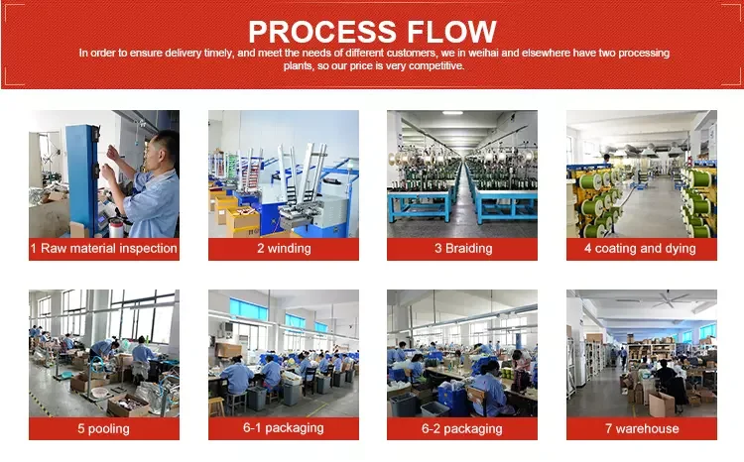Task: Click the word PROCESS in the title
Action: [x=322, y=32]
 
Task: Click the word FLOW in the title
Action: [x=451, y=32]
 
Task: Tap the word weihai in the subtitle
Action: [x=483, y=53]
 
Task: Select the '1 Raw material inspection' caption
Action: [x=104, y=249]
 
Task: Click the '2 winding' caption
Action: [x=284, y=249]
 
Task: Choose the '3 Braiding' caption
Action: [x=463, y=249]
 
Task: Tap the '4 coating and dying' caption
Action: [x=640, y=249]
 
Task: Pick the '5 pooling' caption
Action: [x=103, y=429]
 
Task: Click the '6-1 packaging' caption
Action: [x=284, y=428]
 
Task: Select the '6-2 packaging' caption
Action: [x=461, y=429]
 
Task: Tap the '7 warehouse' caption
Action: [x=642, y=429]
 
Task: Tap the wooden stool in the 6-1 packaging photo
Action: [x=216, y=406]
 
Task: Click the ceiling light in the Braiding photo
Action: [x=452, y=113]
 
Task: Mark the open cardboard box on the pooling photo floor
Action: [x=128, y=405]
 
